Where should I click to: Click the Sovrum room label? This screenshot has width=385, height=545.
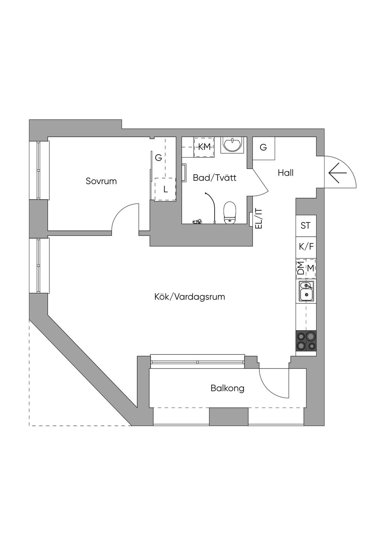[x=101, y=181]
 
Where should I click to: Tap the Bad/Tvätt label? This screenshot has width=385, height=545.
[x=214, y=178]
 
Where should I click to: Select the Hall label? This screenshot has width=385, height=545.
[x=285, y=173]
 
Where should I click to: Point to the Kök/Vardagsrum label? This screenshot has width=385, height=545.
[x=189, y=297]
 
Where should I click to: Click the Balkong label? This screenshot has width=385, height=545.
[x=227, y=388]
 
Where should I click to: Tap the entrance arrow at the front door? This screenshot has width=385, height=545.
[x=337, y=173]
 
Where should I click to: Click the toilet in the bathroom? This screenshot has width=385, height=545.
[x=230, y=213]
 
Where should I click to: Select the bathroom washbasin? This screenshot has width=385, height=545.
[x=232, y=145]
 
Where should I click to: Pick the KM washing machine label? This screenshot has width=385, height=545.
[x=204, y=147]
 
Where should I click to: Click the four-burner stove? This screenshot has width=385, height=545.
[x=306, y=341]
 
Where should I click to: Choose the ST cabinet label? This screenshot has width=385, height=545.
[x=306, y=225]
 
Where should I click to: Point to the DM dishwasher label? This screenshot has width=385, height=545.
[x=300, y=268]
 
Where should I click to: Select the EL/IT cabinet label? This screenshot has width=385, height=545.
[x=259, y=219]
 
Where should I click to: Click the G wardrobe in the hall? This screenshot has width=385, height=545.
[x=264, y=148]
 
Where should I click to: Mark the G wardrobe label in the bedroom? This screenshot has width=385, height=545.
[x=159, y=158]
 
